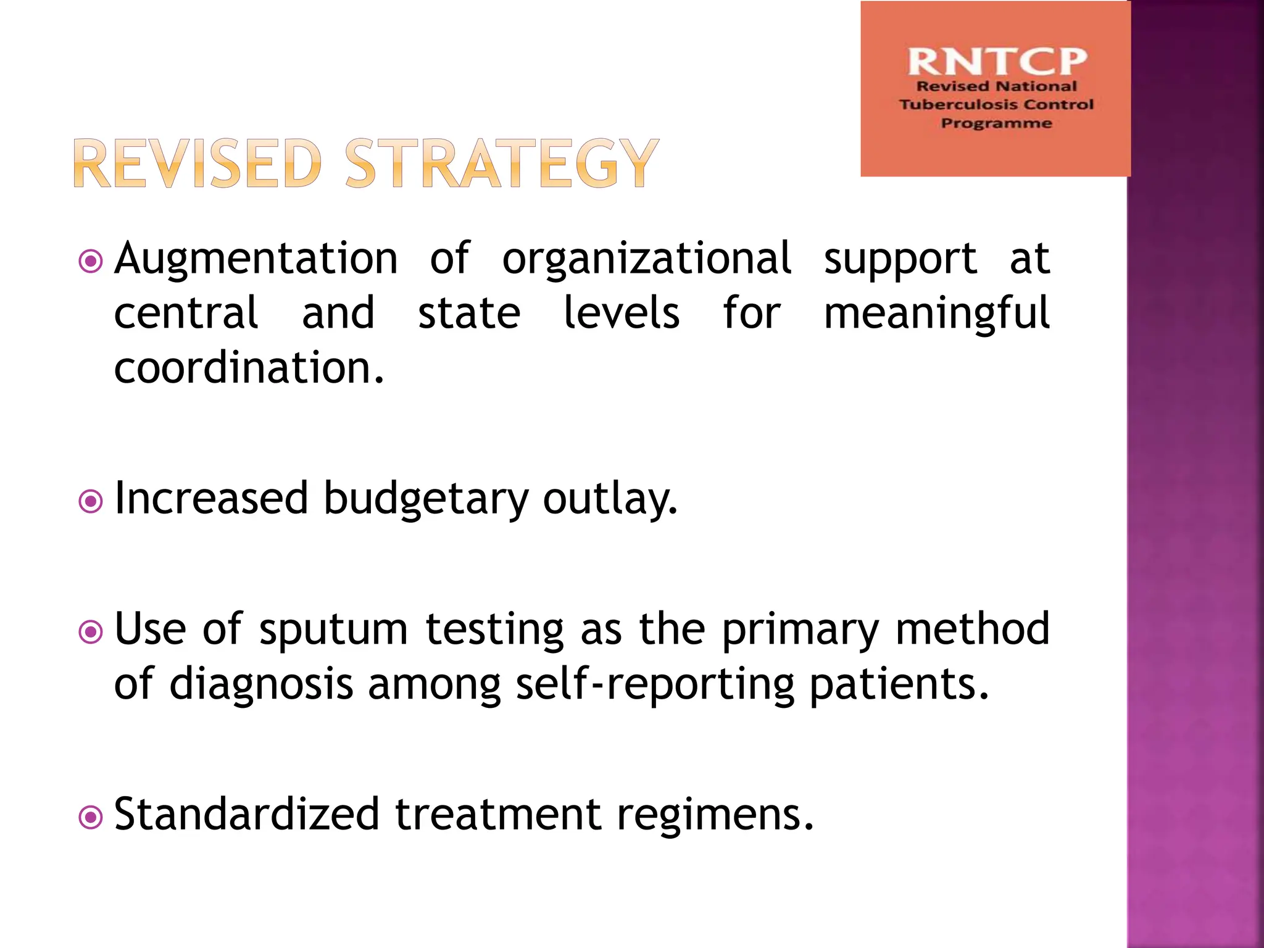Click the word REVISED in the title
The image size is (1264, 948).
(197, 164)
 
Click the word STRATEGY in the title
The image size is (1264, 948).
(502, 164)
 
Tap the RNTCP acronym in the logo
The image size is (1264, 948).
(996, 62)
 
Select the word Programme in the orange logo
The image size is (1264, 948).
(996, 123)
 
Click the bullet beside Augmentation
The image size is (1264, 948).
(91, 262)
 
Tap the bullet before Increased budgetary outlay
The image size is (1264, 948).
(91, 501)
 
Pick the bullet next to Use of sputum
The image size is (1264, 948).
(91, 632)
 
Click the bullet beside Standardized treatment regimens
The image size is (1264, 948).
(91, 818)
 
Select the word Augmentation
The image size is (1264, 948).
(256, 259)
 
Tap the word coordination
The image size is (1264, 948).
(249, 368)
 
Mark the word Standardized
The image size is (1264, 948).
(247, 815)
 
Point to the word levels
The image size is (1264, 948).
(622, 314)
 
